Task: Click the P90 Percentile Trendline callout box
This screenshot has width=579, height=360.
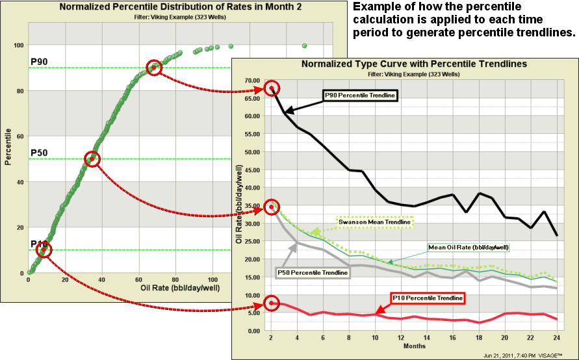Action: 359,95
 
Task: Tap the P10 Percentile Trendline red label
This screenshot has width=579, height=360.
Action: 428,298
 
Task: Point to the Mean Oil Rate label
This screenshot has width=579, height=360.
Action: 468,247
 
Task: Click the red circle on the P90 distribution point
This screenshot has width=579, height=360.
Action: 154,68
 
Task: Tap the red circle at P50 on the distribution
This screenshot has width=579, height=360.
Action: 92,159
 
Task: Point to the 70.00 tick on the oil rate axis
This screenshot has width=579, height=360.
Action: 251,80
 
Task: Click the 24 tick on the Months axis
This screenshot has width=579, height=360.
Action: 557,339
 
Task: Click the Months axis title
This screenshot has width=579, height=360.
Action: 415,346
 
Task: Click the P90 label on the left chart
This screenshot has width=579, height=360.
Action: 38,62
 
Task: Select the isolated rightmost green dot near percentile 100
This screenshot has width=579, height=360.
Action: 305,45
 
